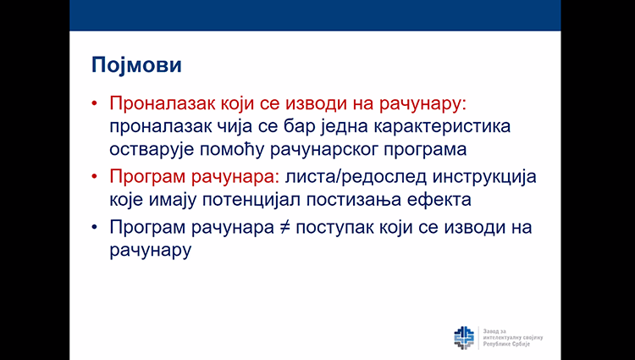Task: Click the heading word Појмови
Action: tap(136, 65)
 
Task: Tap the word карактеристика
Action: tap(441, 127)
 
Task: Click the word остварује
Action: tap(152, 150)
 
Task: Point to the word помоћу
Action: tap(232, 150)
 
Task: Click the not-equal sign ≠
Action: tap(285, 228)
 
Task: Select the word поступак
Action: tap(335, 228)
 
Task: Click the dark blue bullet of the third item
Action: tap(95, 227)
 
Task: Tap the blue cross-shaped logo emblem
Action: tap(464, 338)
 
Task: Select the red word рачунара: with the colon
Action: tap(237, 177)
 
